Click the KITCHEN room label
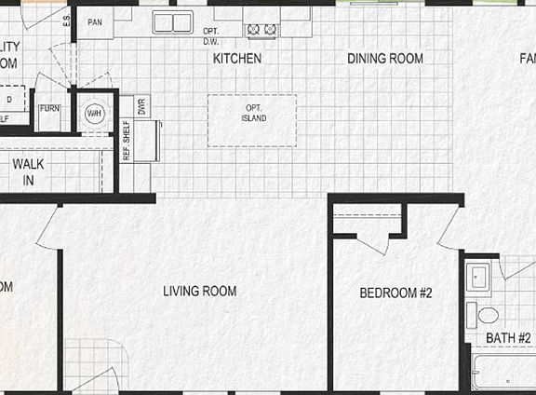(237, 59)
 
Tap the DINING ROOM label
(385, 59)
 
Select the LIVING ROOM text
(199, 292)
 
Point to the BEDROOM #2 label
(396, 293)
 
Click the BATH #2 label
(508, 337)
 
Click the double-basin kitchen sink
(172, 22)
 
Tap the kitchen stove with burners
(261, 30)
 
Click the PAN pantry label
(94, 21)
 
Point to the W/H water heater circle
(94, 114)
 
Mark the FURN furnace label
(49, 109)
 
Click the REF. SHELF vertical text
(127, 141)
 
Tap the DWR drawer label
(142, 106)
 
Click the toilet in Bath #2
(485, 314)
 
